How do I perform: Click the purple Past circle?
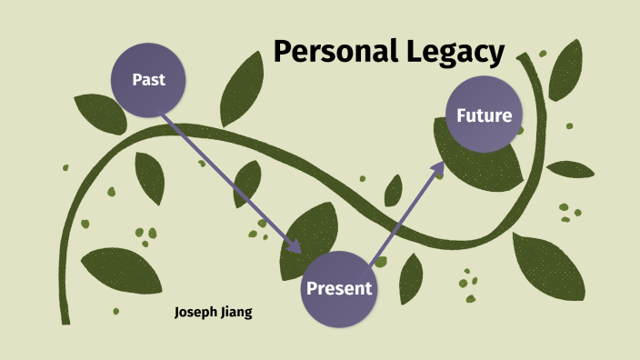148,79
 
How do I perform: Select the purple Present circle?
338,289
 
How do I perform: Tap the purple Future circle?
484,115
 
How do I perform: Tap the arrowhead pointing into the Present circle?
295,247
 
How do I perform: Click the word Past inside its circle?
148,79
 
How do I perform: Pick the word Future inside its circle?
484,115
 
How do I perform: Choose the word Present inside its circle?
338,289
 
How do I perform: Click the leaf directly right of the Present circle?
411,277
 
